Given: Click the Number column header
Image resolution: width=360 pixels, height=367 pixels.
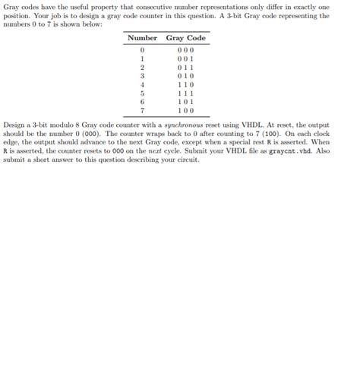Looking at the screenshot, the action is click(142, 38).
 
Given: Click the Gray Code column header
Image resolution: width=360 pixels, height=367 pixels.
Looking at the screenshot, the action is click(185, 38).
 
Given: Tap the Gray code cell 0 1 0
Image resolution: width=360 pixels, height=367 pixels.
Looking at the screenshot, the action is click(185, 76).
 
